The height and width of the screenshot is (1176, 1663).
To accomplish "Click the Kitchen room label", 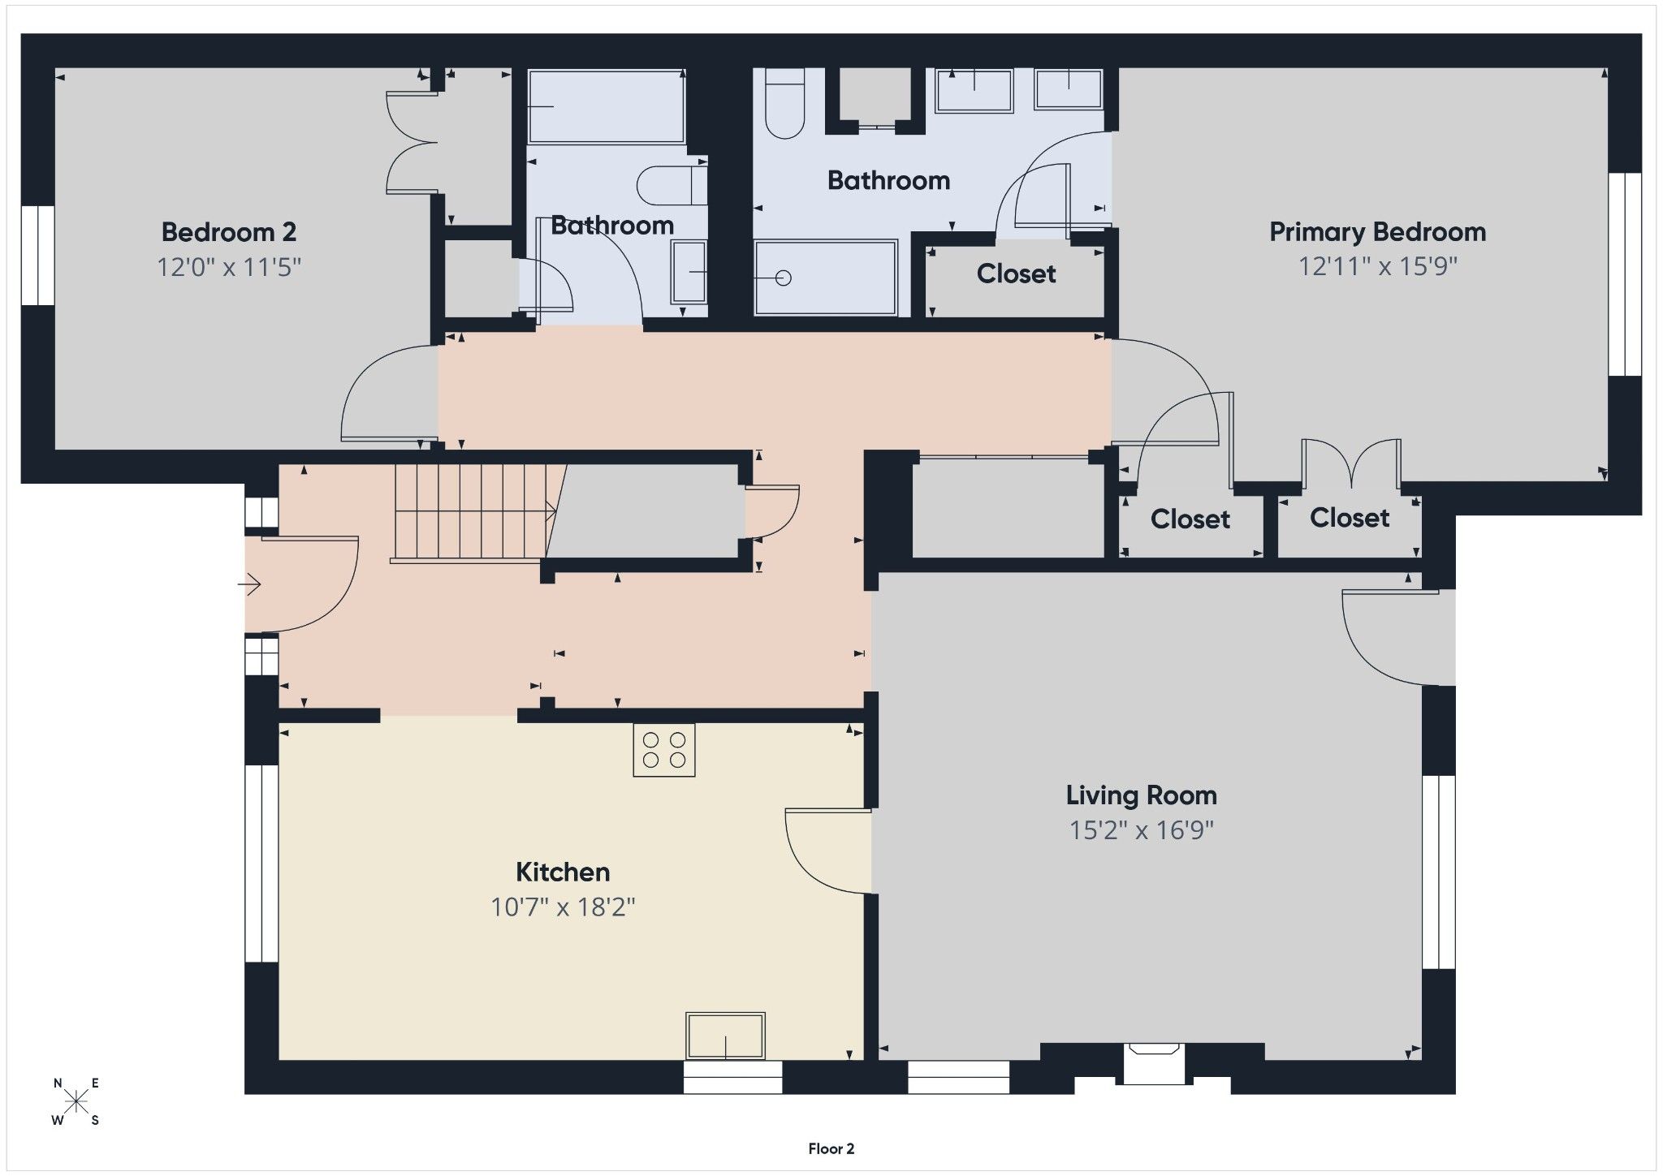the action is tap(563, 872).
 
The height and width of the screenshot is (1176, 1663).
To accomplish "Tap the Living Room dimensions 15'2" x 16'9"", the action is tap(1141, 830).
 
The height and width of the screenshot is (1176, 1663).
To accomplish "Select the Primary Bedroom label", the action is tap(1377, 232).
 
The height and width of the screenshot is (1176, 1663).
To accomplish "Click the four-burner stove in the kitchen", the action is tap(664, 750).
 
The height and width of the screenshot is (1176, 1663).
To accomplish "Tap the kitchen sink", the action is tap(725, 1036).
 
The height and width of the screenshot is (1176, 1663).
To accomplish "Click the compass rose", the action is tap(76, 1101).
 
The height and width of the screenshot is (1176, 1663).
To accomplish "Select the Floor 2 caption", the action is tap(831, 1148).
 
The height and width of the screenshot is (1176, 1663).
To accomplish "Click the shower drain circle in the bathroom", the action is tap(783, 278).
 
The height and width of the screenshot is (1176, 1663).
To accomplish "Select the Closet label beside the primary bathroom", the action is tap(1016, 274).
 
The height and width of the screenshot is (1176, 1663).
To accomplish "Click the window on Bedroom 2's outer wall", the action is tap(37, 256).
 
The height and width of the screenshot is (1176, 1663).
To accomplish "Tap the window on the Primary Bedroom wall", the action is tap(1626, 274).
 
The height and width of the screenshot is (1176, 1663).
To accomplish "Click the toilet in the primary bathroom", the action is tap(784, 103).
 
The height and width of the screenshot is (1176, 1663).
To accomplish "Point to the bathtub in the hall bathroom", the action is tap(607, 106).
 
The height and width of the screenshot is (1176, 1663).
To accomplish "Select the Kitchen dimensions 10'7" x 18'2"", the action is tap(563, 907).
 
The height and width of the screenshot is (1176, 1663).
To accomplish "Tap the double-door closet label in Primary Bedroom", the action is tap(1349, 518).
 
